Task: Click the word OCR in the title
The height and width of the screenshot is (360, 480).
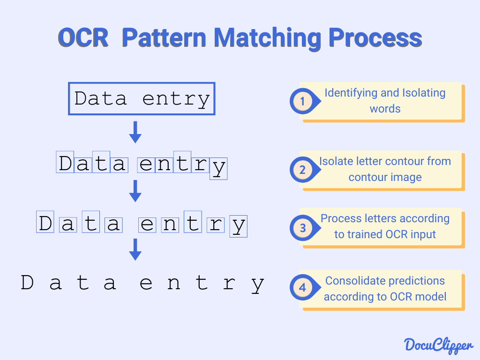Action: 83,37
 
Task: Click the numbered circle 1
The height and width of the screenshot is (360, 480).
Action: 302,101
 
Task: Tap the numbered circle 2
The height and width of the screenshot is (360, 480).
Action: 302,170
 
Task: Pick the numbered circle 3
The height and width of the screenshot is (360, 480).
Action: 303,228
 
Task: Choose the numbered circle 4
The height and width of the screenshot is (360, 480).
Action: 302,287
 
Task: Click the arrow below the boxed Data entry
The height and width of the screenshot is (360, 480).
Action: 135,132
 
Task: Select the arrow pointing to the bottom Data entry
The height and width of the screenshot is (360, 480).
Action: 135,249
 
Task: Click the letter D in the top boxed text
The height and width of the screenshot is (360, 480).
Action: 82,99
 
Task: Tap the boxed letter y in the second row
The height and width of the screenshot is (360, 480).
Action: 218,168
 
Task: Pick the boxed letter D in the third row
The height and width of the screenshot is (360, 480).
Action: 45,224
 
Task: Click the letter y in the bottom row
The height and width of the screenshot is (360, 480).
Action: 257,284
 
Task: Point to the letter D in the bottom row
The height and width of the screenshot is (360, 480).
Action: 28,283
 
